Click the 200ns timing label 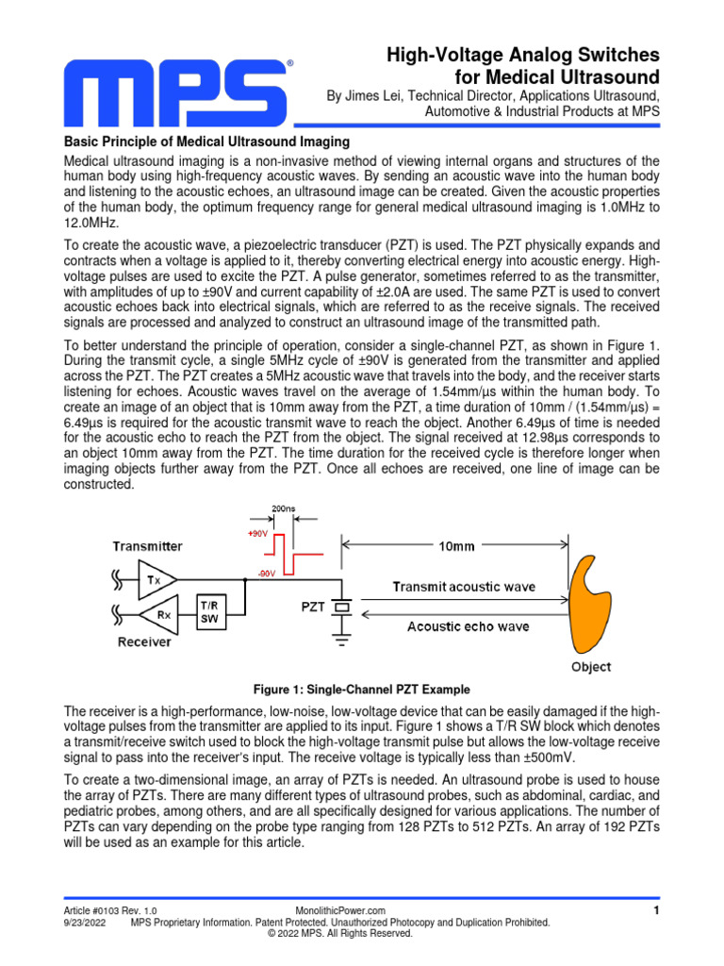pos(283,508)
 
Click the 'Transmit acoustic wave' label pos(463,586)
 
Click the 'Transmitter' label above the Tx pos(149,546)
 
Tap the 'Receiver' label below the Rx pos(143,642)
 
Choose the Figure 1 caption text pos(362,689)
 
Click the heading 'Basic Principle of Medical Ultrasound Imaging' pos(206,142)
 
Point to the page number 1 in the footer pos(655,909)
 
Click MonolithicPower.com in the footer pos(340,910)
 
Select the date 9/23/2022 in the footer pos(84,922)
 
